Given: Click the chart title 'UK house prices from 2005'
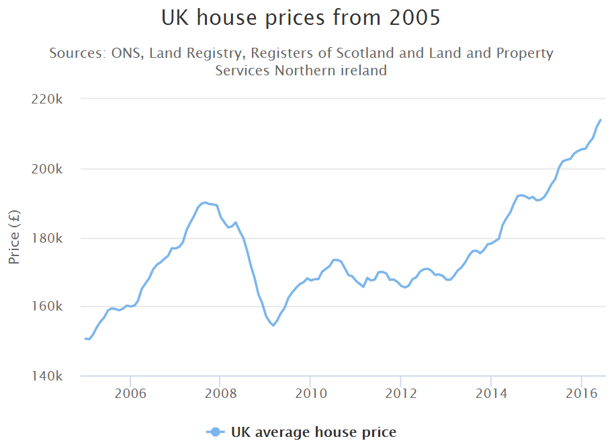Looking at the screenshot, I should (301, 18).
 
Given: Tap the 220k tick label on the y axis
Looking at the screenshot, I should (48, 99).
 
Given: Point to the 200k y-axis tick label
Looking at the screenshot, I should (48, 169).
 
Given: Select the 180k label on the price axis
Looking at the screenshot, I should (48, 238).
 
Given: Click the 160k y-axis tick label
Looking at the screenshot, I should (48, 307).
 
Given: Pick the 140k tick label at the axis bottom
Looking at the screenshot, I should (48, 376).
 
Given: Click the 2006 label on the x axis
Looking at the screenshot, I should (130, 393).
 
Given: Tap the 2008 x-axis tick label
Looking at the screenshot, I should (220, 393).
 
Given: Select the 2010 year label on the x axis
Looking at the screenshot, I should (310, 393).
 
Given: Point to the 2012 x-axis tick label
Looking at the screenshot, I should (400, 393).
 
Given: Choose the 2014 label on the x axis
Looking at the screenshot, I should (491, 393).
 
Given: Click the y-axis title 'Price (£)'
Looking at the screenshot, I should (14, 237).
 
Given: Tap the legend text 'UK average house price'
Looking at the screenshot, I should (313, 432).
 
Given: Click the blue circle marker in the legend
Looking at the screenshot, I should (215, 432).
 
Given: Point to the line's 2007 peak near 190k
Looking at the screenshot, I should (204, 202).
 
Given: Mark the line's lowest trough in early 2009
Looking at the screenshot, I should (273, 325).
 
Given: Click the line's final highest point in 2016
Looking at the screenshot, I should (601, 120).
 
